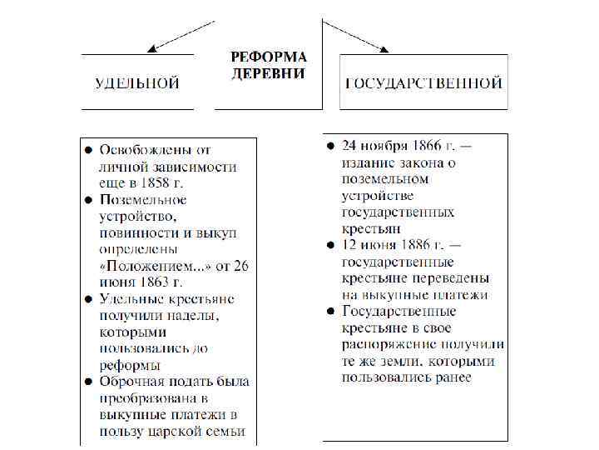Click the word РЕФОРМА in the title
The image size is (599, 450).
(x=269, y=57)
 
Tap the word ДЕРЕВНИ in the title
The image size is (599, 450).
(x=268, y=73)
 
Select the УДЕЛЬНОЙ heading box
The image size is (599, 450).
(x=137, y=83)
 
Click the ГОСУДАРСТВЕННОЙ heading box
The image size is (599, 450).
(x=423, y=83)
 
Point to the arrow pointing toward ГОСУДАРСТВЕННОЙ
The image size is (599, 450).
(x=356, y=36)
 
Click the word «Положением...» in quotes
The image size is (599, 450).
(x=151, y=265)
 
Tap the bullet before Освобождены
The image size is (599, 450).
(x=87, y=151)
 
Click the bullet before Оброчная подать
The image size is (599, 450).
(x=87, y=382)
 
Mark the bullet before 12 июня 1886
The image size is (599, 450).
(x=329, y=246)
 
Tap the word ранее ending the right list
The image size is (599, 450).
(x=451, y=377)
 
